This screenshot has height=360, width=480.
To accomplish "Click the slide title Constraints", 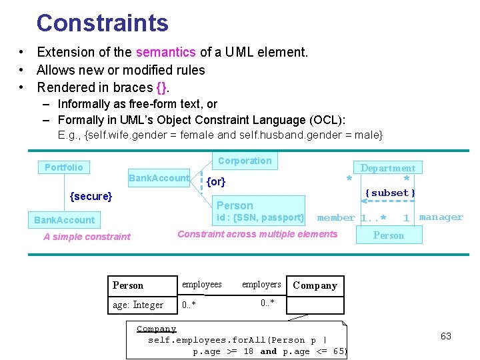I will click(103, 23).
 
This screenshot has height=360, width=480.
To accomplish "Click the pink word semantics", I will click(165, 52).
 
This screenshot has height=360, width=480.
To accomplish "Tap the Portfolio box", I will click(64, 167).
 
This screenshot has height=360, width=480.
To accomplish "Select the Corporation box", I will click(245, 161).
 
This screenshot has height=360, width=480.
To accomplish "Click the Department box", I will click(387, 169).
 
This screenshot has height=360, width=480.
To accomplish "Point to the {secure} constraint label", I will click(91, 196).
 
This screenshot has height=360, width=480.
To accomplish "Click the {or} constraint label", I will click(216, 181).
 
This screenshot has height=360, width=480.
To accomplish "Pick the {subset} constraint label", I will click(391, 193).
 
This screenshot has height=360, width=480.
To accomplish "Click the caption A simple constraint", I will click(87, 236).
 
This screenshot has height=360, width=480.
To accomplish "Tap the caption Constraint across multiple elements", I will click(257, 233).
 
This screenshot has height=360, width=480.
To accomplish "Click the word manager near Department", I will click(441, 217).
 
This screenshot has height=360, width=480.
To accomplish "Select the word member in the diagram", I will click(336, 217).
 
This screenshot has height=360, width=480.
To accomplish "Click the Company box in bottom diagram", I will click(315, 285).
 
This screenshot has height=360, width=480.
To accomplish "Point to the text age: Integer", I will click(138, 305).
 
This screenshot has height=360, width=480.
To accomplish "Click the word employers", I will click(261, 285).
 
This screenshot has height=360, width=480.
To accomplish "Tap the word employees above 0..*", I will click(202, 285).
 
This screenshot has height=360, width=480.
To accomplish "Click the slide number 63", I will click(446, 336).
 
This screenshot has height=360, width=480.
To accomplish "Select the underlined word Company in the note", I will click(157, 329).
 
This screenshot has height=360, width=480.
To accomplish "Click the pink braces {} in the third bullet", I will click(161, 87).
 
